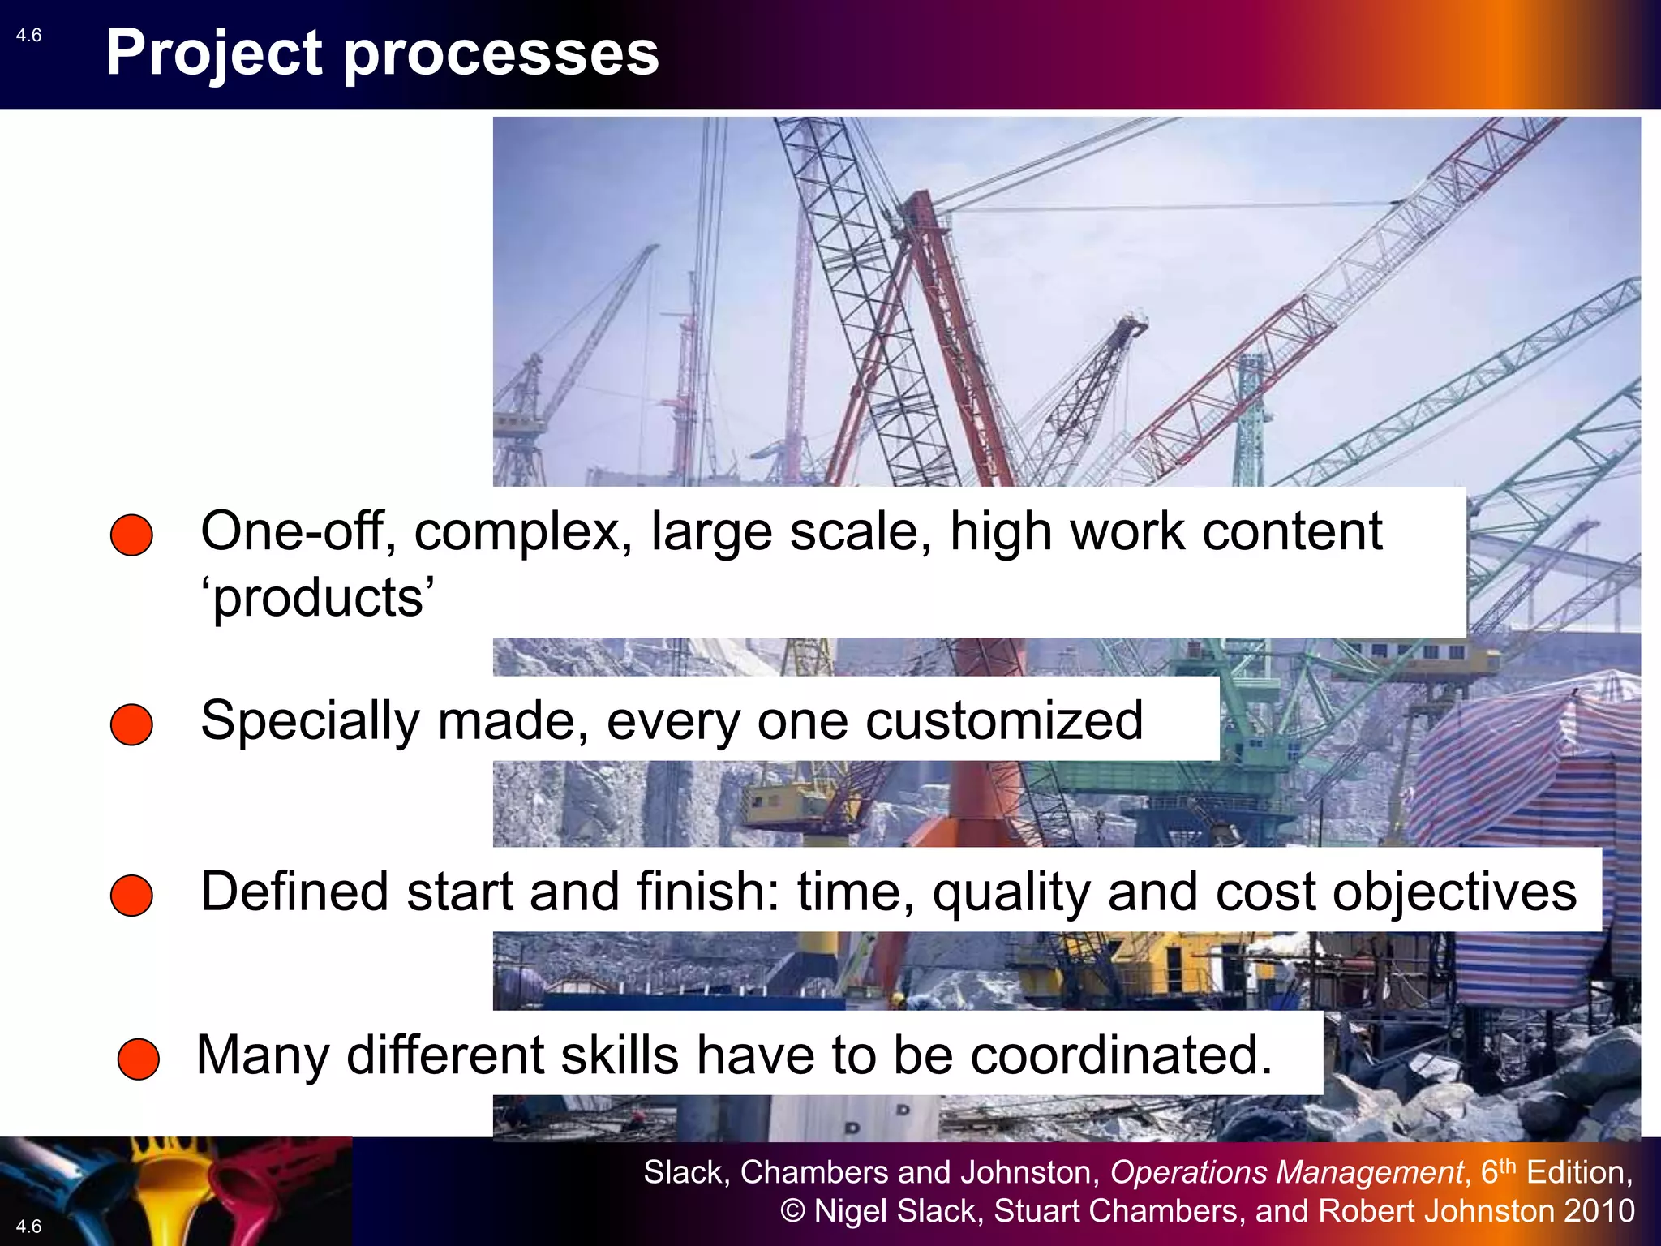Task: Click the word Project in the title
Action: coord(214,54)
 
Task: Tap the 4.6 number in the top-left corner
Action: coord(28,36)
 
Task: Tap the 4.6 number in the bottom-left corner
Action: coord(28,1226)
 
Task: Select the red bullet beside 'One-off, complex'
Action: coord(131,535)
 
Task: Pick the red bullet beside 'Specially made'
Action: coord(131,724)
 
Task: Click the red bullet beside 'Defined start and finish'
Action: coord(131,896)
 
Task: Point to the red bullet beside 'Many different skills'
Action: coord(138,1059)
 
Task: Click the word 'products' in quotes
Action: coord(318,598)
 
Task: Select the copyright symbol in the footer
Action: coord(792,1211)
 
